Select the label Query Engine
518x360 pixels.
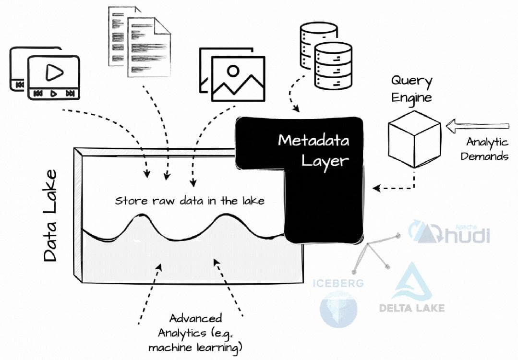tap(411, 89)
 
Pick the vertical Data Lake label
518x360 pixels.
tap(50, 216)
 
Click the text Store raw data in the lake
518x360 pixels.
tap(189, 201)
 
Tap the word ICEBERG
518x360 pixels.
tap(338, 283)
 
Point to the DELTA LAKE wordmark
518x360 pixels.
tap(411, 308)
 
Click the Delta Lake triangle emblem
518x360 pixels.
tap(411, 281)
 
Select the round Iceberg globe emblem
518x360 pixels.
tap(339, 310)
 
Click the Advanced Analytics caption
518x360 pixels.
tap(195, 332)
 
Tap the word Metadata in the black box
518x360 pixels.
tap(314, 141)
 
